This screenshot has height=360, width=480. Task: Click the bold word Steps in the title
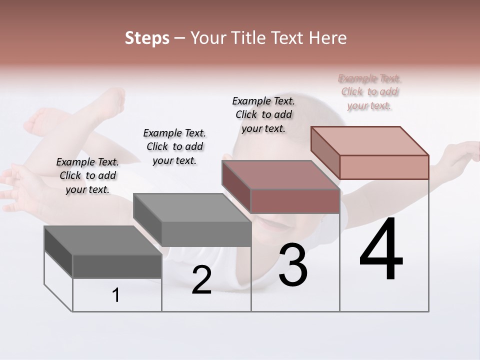click(147, 38)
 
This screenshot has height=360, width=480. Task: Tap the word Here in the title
click(328, 38)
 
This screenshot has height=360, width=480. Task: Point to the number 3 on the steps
click(293, 265)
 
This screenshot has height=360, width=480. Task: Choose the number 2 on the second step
click(201, 280)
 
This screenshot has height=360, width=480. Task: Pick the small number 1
click(116, 295)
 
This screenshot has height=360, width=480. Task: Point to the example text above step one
click(87, 175)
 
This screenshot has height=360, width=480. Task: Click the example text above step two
click(174, 146)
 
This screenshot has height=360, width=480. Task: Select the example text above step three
click(263, 114)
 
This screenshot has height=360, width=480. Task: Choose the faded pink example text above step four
click(369, 91)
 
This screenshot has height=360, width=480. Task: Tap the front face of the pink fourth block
click(384, 167)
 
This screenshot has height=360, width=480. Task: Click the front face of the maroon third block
click(295, 201)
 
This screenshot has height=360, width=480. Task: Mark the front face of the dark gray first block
click(117, 266)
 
